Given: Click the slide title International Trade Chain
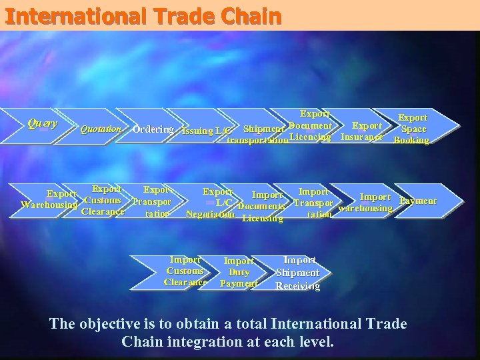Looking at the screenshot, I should tap(141, 16).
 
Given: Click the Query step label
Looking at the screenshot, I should tap(42, 123).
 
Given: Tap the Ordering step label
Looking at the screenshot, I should tap(153, 129).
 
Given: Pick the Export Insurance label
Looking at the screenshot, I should tap(363, 131).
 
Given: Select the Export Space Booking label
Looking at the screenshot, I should tap(412, 129).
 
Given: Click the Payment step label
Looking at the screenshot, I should tap(418, 201).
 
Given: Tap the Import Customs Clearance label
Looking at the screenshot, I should tap(185, 271).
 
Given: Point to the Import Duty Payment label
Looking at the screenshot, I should tap(239, 272).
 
